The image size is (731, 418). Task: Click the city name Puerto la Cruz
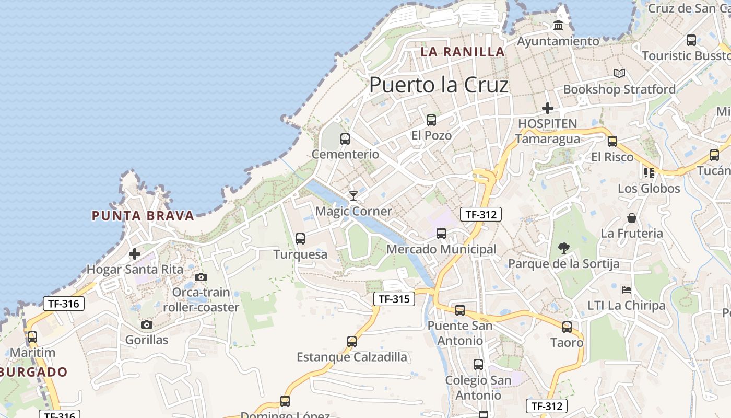point(439,85)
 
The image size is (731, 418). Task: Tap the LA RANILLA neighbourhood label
point(463,52)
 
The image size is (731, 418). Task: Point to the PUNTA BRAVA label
point(143,215)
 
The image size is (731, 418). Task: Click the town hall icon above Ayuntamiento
point(558,25)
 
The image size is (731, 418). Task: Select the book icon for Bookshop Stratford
point(619,74)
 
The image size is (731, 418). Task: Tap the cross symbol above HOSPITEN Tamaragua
point(548,108)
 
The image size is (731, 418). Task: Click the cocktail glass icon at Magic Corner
point(353,196)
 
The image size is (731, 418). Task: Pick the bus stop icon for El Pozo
point(431,120)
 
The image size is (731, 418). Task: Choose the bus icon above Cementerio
point(345,139)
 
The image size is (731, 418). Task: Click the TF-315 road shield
point(394,299)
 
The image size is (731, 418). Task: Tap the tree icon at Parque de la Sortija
point(564,248)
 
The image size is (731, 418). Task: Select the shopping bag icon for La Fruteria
point(632,218)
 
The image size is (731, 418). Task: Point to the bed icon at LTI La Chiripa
point(627,289)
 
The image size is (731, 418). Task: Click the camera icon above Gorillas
point(147,325)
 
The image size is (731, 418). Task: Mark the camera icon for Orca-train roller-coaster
point(201,277)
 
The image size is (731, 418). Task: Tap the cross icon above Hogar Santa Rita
point(135,254)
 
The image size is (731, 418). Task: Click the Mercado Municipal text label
point(441,249)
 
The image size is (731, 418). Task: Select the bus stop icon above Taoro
point(567,327)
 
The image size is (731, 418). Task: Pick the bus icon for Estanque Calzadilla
point(352,342)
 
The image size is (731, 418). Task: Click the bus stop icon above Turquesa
point(300,239)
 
